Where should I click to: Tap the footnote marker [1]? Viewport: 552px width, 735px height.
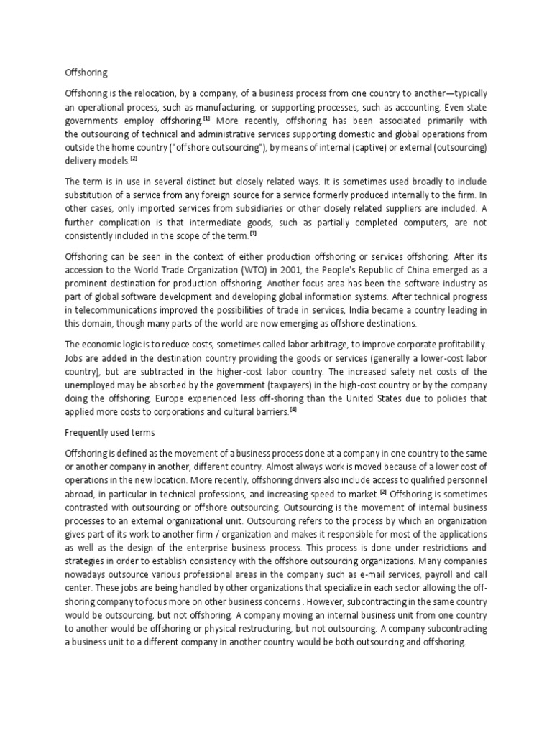click(206, 118)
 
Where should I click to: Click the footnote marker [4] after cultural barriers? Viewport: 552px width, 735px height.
click(293, 410)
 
